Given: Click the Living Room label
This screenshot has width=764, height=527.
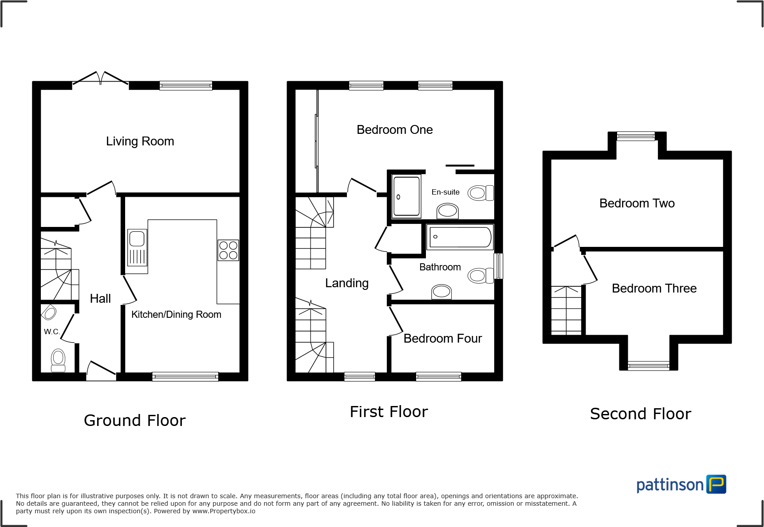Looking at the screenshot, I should (x=140, y=141).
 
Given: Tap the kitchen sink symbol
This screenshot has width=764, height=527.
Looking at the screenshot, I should (x=137, y=247).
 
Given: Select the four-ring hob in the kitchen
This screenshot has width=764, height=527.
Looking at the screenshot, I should (x=228, y=250).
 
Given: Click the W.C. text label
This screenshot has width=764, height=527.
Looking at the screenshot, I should (x=51, y=332).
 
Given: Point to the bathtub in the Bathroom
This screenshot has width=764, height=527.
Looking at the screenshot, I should (x=460, y=237).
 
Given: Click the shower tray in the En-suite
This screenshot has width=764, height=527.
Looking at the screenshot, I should (x=406, y=196).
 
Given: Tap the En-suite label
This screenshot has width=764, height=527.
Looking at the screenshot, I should (x=445, y=192).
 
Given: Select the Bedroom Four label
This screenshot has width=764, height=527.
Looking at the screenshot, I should (x=442, y=339).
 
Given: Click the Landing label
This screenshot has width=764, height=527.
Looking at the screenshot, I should (x=347, y=283).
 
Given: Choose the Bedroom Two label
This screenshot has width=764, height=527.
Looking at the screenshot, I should (x=637, y=203).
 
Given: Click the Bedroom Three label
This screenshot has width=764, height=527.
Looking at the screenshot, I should (x=654, y=289).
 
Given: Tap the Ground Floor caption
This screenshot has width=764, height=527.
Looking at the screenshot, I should (x=134, y=420).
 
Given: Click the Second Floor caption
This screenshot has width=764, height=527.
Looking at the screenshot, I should (x=640, y=414).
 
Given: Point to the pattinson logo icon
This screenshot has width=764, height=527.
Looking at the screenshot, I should (x=716, y=484).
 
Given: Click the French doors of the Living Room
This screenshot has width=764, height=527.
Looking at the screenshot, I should (x=101, y=79).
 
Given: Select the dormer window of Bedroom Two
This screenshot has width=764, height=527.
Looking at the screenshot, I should (x=636, y=136).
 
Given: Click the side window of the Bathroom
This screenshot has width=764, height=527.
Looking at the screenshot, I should (x=499, y=266).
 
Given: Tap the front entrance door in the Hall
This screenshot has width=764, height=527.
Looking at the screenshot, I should (x=102, y=370).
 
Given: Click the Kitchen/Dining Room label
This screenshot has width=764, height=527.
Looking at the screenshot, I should (x=176, y=315).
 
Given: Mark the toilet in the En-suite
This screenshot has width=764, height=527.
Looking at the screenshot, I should (x=480, y=193).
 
